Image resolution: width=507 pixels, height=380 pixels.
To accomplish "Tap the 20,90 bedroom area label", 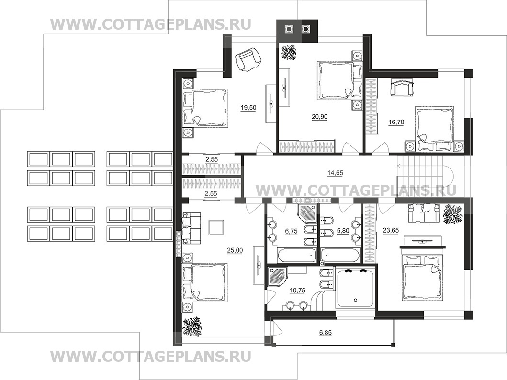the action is pos(319,117).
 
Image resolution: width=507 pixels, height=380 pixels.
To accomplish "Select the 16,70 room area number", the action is pos(396,123).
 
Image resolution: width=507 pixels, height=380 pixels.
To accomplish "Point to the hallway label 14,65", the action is pos(335,173).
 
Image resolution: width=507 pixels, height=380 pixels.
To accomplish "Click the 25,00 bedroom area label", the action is pos(235,250).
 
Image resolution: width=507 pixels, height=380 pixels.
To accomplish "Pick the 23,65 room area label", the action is pos(391,230).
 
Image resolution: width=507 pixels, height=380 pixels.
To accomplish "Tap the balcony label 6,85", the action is pos(325,333).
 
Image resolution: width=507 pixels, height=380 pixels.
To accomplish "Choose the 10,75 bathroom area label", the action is pos(297,291).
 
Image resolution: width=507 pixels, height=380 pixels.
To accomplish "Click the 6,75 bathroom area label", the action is pos(291,231).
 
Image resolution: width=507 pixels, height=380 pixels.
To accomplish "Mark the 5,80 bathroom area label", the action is pos(343,231).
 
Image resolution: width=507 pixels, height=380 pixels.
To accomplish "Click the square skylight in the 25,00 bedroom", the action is pos(216,227).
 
